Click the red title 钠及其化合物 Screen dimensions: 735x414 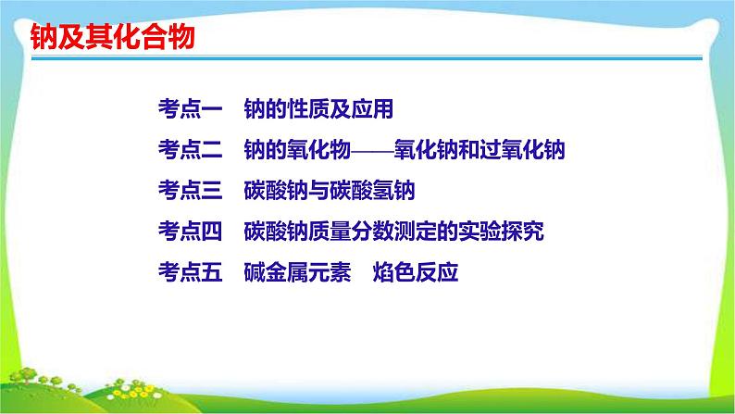(x=113, y=36)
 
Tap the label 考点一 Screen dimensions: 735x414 (x=191, y=109)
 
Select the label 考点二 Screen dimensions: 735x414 (x=191, y=150)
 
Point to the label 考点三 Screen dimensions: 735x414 (x=191, y=191)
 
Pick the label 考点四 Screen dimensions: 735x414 (x=191, y=232)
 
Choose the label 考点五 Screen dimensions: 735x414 (x=191, y=272)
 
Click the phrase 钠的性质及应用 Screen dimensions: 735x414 (x=318, y=109)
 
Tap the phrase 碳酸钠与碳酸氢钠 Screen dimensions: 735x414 (x=330, y=191)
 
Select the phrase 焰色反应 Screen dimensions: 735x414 (x=416, y=272)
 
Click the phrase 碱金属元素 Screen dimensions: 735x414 (x=297, y=272)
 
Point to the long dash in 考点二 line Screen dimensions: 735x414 (x=373, y=150)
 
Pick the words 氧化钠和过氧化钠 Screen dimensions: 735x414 (x=480, y=150)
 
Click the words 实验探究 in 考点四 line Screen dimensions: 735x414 (x=501, y=232)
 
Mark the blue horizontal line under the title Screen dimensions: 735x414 (x=367, y=58)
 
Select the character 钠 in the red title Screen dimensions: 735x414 (x=44, y=36)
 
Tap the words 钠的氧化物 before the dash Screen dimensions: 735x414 (x=297, y=150)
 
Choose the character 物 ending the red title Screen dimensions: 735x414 (x=181, y=36)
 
